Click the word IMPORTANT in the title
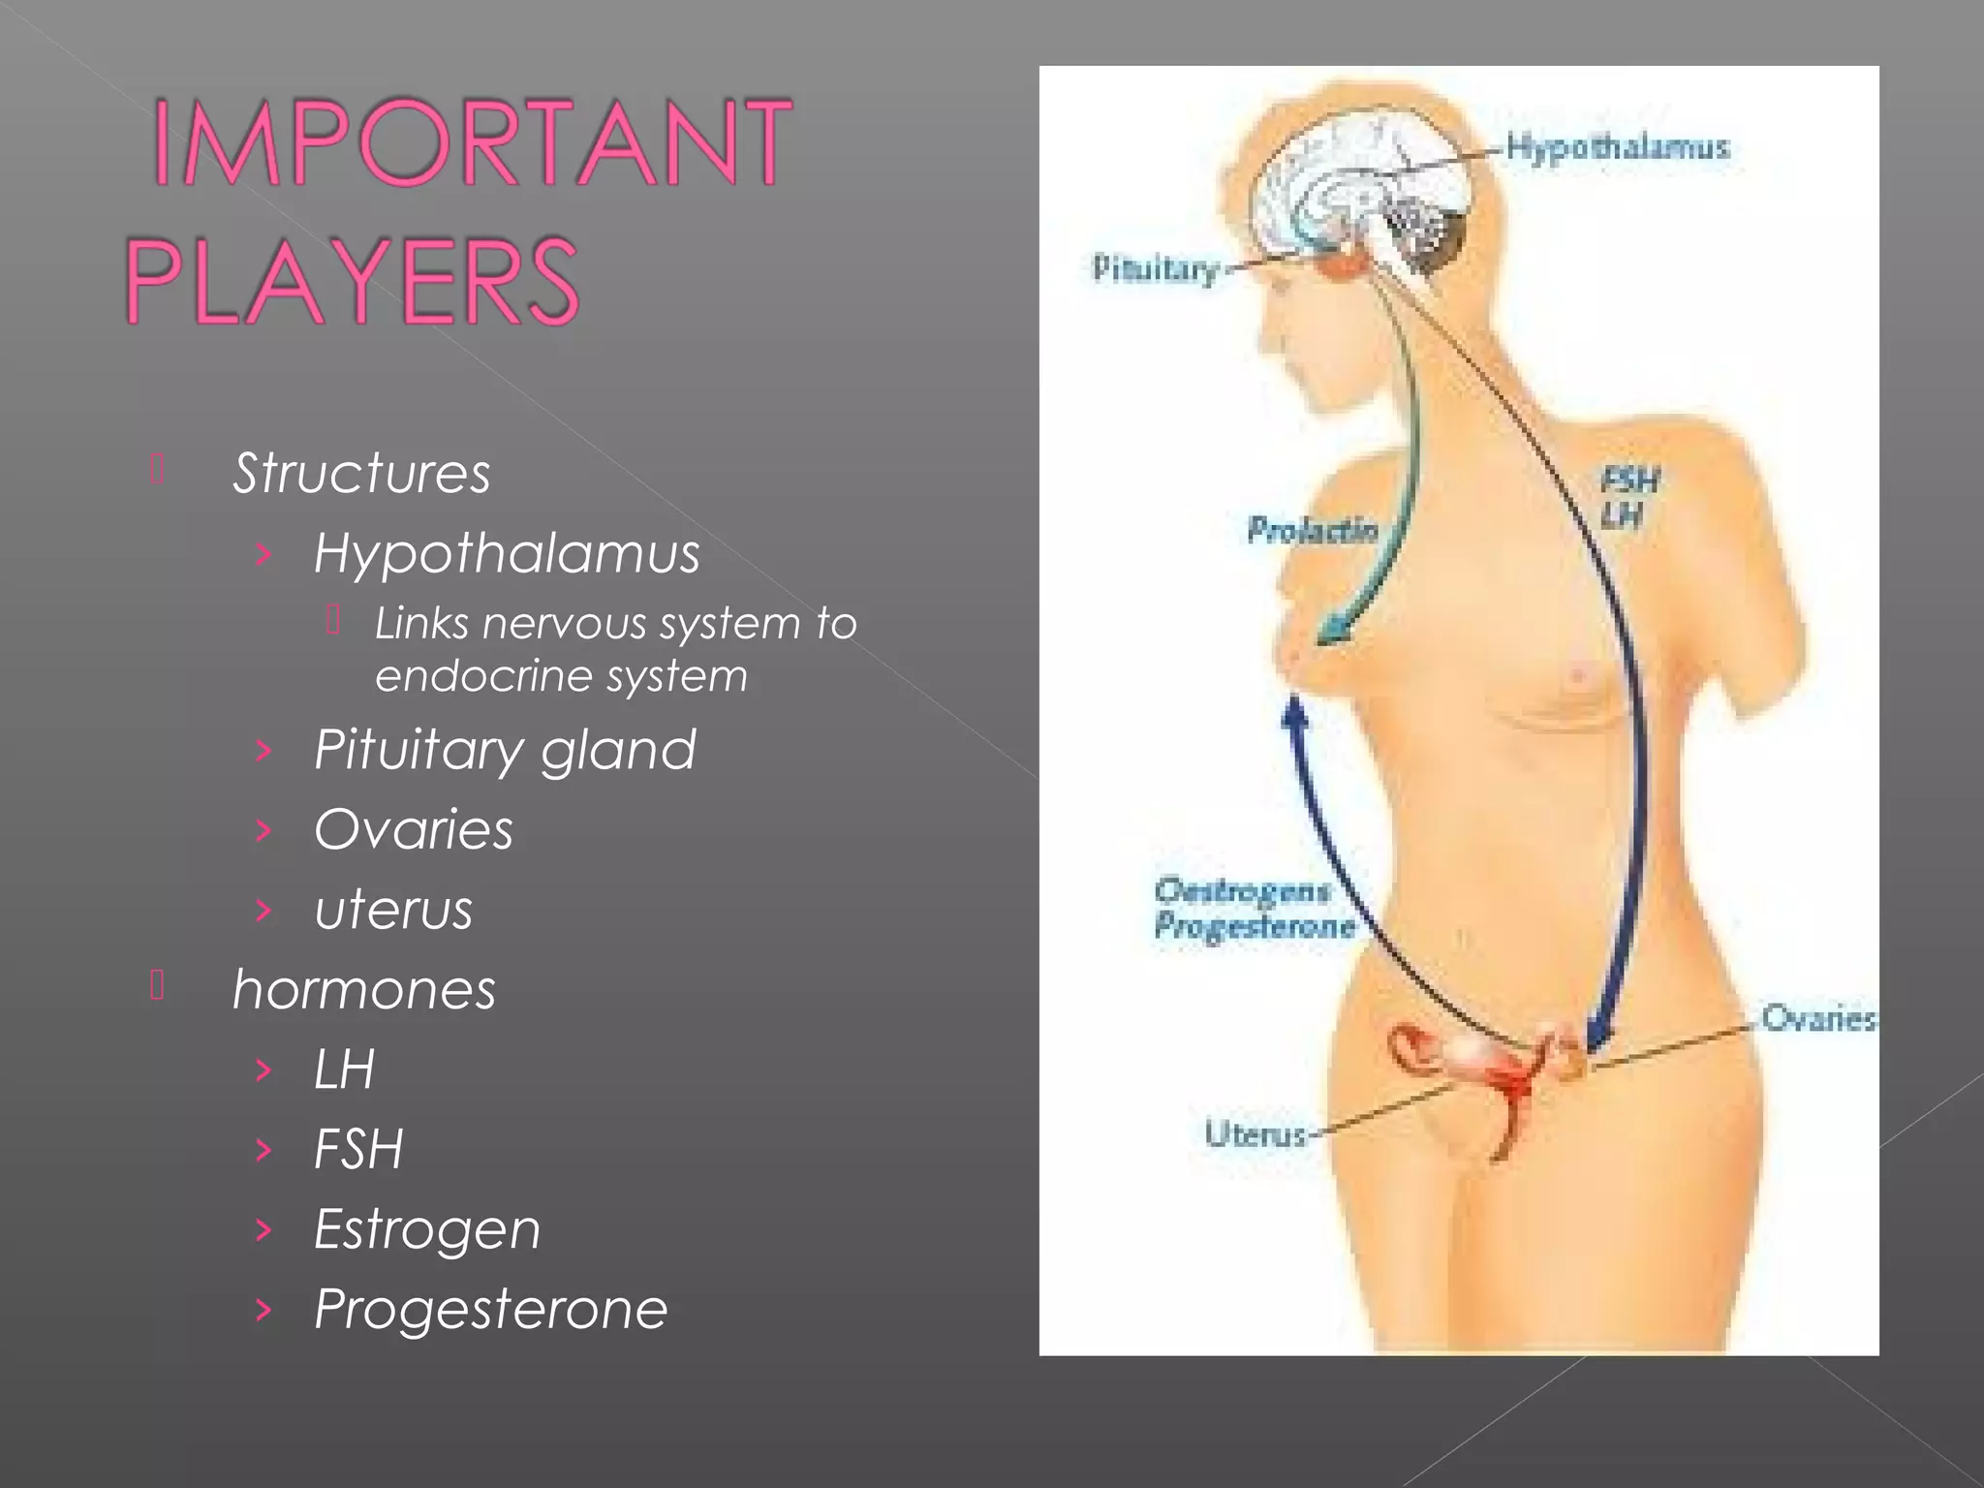click(x=472, y=142)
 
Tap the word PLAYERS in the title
click(x=352, y=281)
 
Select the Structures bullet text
click(x=361, y=474)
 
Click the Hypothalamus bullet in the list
click(x=507, y=554)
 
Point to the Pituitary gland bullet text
click(x=505, y=750)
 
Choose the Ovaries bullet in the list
click(x=414, y=830)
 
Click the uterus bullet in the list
click(x=393, y=911)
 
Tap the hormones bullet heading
click(x=364, y=990)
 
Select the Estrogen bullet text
click(x=427, y=1230)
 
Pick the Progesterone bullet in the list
click(x=491, y=1310)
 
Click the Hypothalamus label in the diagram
click(x=1617, y=148)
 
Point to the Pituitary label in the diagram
click(x=1154, y=268)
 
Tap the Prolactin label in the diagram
click(x=1312, y=530)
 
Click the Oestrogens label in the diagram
click(x=1243, y=890)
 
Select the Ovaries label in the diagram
click(x=1817, y=1019)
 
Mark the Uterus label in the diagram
click(x=1255, y=1133)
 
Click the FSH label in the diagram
click(x=1630, y=480)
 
